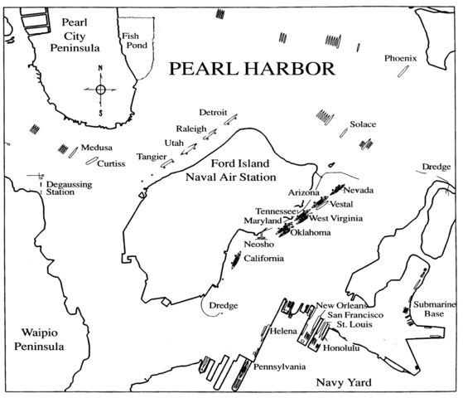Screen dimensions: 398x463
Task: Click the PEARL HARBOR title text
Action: pyautogui.click(x=252, y=68)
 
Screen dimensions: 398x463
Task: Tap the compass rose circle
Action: pyautogui.click(x=100, y=89)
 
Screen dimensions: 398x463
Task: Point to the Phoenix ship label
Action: pyautogui.click(x=402, y=58)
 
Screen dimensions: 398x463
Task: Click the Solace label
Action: pyautogui.click(x=363, y=124)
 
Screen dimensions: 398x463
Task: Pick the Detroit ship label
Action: pyautogui.click(x=213, y=113)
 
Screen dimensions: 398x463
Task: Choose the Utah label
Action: pyautogui.click(x=176, y=143)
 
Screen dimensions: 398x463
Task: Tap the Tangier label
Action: pyautogui.click(x=152, y=156)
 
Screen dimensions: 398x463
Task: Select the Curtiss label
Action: pyautogui.click(x=111, y=163)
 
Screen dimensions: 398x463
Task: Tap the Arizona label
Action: pyautogui.click(x=303, y=192)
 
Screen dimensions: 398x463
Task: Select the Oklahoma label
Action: pyautogui.click(x=311, y=233)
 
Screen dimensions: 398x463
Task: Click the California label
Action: pyautogui.click(x=263, y=259)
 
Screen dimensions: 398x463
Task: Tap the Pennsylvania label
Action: pyautogui.click(x=279, y=366)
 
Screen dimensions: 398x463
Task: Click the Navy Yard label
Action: pyautogui.click(x=341, y=381)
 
